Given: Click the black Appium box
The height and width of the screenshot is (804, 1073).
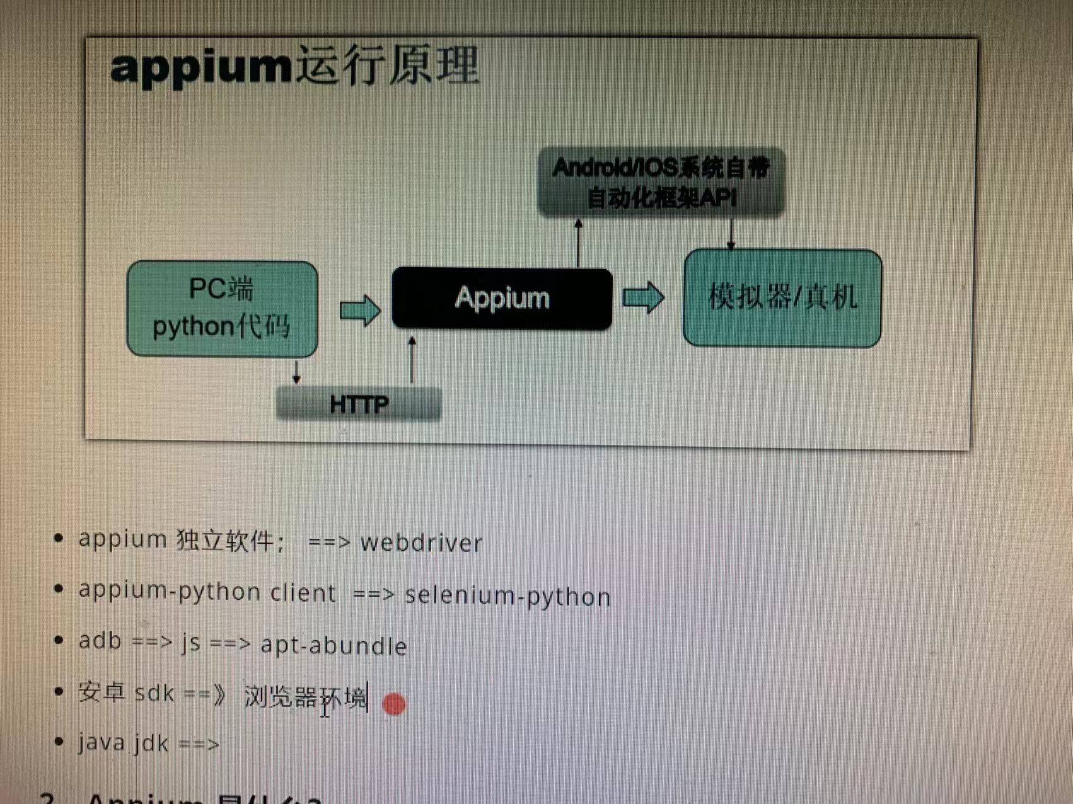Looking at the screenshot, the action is (x=502, y=299).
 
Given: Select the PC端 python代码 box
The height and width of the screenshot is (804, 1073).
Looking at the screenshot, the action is (x=222, y=309).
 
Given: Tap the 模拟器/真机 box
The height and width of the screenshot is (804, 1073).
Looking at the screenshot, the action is (x=782, y=298).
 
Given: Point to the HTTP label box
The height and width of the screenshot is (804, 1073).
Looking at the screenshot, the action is (x=359, y=404).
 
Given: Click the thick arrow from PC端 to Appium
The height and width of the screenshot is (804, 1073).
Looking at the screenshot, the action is (x=360, y=310).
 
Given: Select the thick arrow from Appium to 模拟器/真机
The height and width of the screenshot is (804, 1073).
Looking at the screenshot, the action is (x=643, y=297).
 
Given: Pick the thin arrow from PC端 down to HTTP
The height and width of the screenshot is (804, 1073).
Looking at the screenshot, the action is (x=296, y=371).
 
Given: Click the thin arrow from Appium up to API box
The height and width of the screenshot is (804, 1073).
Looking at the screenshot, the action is (x=579, y=243).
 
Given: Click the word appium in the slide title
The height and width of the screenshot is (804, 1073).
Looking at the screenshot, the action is (x=200, y=67).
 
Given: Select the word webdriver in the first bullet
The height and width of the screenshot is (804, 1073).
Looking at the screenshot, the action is (x=421, y=543).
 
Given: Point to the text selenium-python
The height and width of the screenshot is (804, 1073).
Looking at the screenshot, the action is (x=507, y=596).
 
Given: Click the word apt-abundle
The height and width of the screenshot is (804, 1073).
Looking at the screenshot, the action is (x=333, y=646).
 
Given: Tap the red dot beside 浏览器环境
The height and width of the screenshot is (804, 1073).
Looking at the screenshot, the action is (x=394, y=704).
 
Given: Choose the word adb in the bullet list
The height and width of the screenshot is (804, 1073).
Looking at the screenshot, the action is (x=100, y=640).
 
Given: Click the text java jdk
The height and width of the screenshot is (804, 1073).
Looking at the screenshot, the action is (x=124, y=743).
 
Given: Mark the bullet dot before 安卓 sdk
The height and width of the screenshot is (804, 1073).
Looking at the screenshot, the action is (x=59, y=692).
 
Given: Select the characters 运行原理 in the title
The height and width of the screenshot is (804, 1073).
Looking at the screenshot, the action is (x=387, y=65).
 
